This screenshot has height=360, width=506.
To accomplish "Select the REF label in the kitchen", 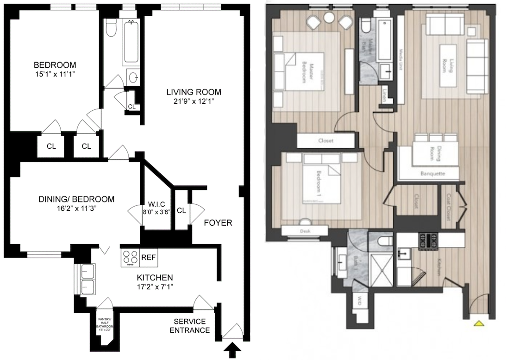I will [148, 257].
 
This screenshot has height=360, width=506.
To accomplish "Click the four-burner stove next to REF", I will [130, 258].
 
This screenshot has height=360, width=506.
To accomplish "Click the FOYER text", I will [218, 223].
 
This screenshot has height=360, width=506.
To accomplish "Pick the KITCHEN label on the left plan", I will [155, 278].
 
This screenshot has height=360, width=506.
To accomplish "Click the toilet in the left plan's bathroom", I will [111, 29].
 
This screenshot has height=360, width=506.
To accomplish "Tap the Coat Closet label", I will [449, 207].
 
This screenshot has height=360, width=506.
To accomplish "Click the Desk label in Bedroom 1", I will [305, 231].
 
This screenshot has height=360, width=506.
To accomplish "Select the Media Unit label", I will [401, 59].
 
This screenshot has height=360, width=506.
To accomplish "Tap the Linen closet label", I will [385, 95].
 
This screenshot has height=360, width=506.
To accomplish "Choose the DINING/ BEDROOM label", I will [76, 199].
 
